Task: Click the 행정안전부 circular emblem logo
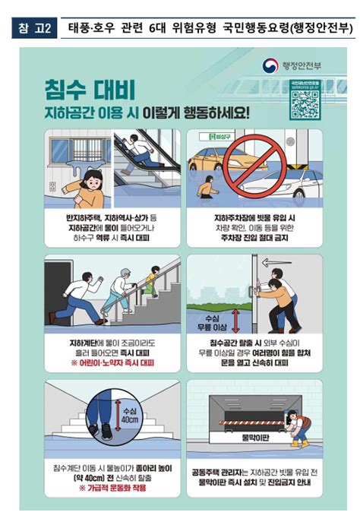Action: click(x=270, y=65)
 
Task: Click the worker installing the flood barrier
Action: click(x=300, y=426)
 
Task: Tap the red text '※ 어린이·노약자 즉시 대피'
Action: click(x=112, y=363)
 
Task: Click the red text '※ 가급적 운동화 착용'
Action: click(x=112, y=487)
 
